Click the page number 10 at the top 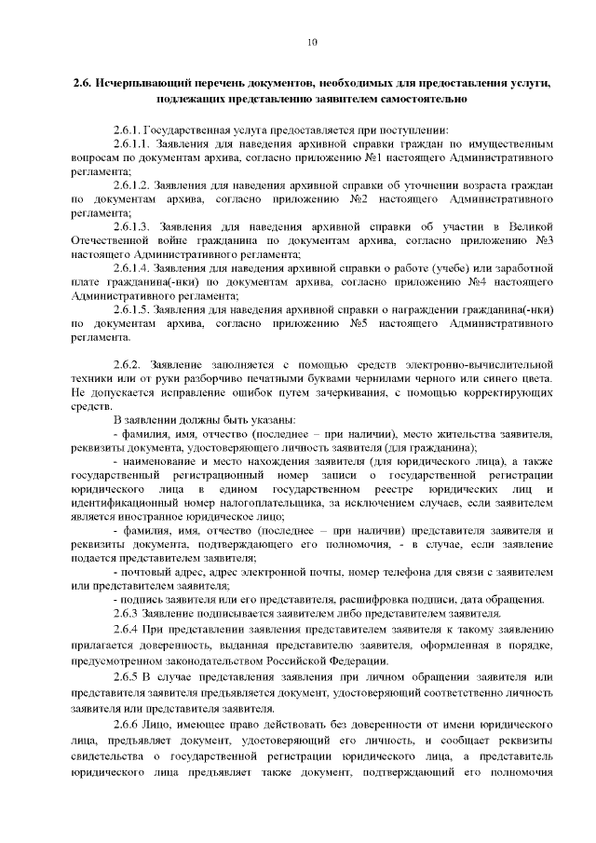pos(311,41)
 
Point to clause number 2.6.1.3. pos(132,226)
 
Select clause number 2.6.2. pos(126,362)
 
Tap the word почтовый pos(147,572)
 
